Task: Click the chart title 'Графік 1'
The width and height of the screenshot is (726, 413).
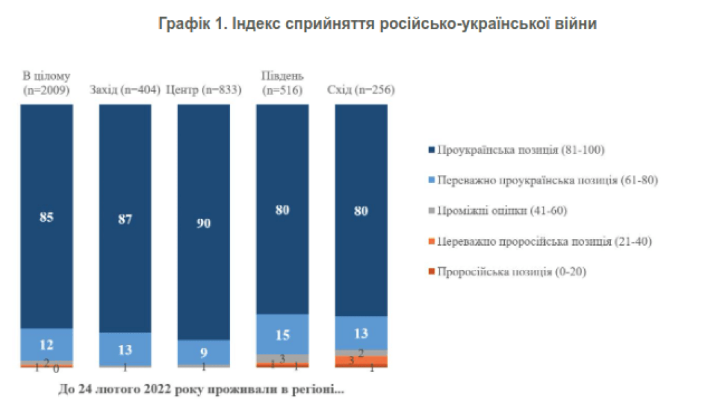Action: tap(377, 24)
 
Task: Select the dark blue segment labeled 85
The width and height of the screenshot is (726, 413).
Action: tap(46, 217)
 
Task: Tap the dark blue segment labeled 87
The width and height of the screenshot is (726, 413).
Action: tap(125, 219)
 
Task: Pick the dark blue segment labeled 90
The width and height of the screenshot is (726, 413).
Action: tap(204, 222)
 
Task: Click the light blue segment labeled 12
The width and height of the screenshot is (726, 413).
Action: tap(46, 344)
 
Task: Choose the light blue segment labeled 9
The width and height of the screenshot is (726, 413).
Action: tap(204, 352)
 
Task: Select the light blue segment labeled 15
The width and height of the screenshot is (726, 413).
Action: tap(282, 335)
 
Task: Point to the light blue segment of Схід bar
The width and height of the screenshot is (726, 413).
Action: tap(361, 333)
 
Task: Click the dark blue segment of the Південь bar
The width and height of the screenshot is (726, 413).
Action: tap(282, 209)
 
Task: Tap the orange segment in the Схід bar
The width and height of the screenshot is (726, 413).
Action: tap(361, 361)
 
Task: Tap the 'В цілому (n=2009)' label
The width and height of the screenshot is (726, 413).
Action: tap(46, 83)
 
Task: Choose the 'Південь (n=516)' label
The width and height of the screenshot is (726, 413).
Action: tap(282, 83)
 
